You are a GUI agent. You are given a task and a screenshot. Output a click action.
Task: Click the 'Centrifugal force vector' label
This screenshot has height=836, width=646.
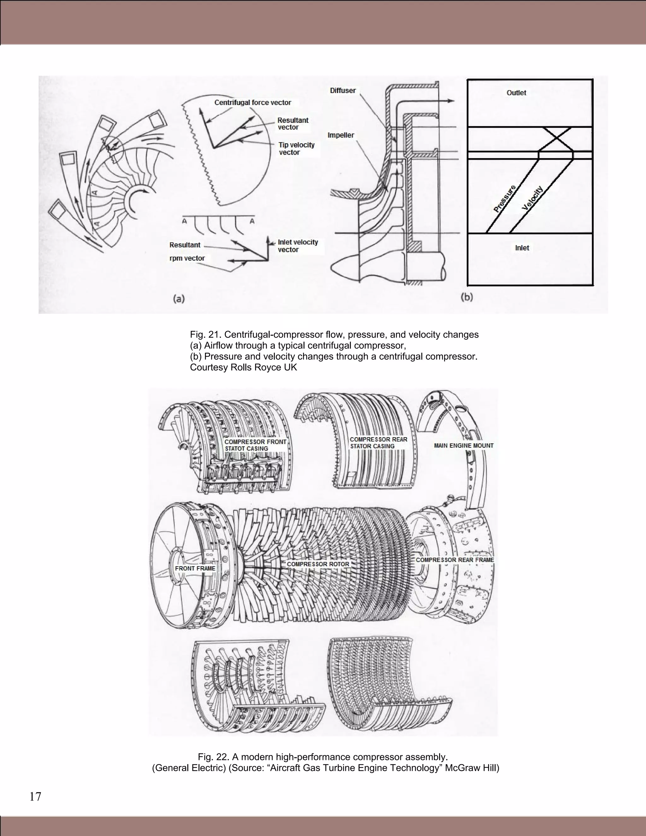click(x=253, y=103)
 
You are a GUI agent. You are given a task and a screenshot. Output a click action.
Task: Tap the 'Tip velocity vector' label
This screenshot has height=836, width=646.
click(x=296, y=149)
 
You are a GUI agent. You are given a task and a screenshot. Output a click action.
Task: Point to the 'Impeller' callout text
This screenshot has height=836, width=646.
click(x=341, y=135)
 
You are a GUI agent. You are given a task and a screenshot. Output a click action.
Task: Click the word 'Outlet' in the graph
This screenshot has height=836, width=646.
click(x=516, y=93)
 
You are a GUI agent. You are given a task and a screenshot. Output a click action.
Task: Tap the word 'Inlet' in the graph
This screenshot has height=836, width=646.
click(x=522, y=248)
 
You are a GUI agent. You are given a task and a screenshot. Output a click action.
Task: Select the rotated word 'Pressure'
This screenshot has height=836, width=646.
click(x=505, y=199)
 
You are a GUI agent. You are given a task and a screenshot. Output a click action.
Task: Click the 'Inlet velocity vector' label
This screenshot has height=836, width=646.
click(x=298, y=246)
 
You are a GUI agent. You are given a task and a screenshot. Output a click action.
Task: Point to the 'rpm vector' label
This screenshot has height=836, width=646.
click(x=187, y=258)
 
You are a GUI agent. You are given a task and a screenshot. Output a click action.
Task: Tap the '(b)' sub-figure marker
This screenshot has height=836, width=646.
click(x=467, y=297)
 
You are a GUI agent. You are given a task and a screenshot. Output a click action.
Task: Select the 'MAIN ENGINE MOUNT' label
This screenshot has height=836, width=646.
click(x=463, y=445)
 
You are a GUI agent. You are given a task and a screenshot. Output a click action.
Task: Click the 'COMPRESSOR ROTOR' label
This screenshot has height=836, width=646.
click(x=318, y=564)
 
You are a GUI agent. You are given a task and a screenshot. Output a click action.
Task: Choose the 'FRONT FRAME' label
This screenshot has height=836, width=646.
click(x=195, y=568)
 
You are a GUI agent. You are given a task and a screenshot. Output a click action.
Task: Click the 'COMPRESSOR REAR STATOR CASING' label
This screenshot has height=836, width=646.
click(x=378, y=443)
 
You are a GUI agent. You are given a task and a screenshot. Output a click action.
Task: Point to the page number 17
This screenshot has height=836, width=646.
click(x=35, y=797)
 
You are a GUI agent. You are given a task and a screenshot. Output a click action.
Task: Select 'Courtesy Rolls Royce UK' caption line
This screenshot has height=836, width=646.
click(x=244, y=368)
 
